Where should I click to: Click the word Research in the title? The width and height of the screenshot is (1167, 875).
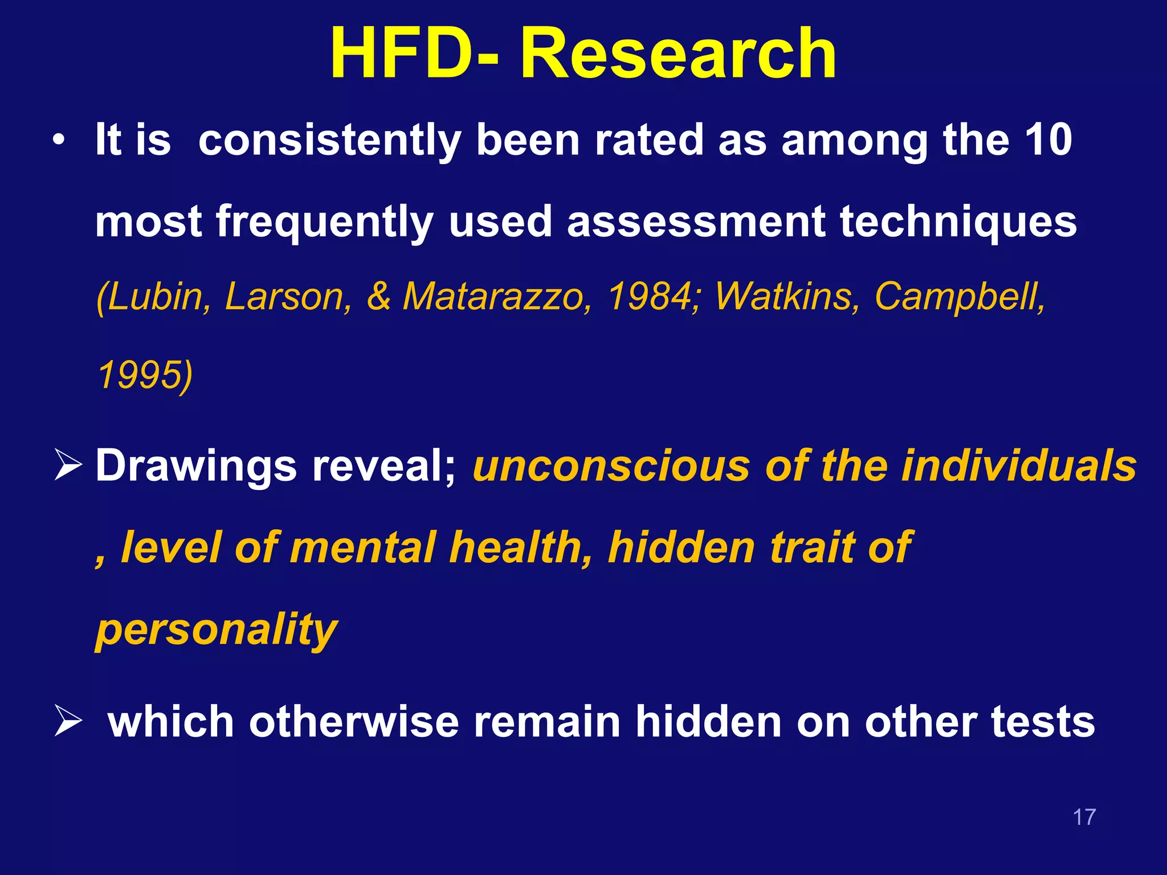click(x=678, y=54)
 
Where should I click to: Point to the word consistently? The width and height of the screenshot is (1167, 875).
click(x=329, y=141)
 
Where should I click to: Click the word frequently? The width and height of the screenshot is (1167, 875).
click(x=325, y=222)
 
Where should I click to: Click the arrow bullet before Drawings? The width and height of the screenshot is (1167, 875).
click(x=68, y=464)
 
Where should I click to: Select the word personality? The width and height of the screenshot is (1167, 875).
click(x=217, y=629)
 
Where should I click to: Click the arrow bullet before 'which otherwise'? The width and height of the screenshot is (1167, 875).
click(x=68, y=720)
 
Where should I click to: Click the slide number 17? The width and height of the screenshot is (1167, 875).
click(x=1084, y=817)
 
